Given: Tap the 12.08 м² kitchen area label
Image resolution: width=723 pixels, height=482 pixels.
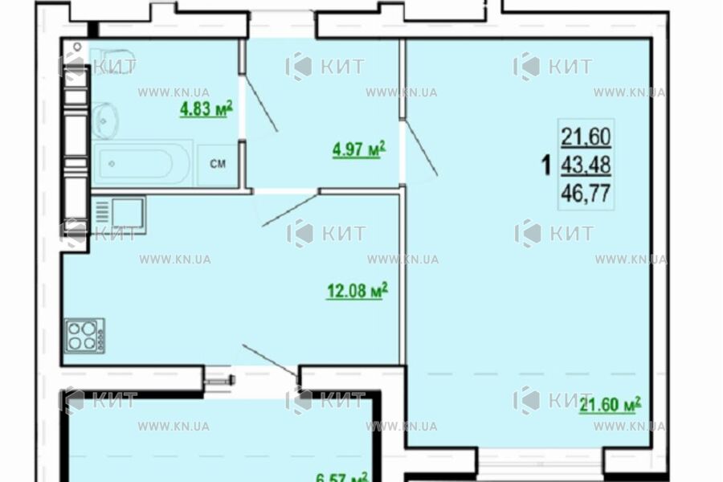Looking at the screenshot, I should coord(357,292).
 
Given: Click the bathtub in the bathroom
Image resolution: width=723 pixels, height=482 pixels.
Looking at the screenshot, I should coord(141,165).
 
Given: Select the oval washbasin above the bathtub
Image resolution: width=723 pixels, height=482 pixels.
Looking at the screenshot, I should coord(104,120).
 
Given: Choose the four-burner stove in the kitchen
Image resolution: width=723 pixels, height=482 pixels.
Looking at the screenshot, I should coord(84,335).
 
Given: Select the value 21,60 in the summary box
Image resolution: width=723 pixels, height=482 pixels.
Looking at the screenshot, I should coord(586,137).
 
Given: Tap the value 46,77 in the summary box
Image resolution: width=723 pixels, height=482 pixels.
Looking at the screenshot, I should coord(586,192).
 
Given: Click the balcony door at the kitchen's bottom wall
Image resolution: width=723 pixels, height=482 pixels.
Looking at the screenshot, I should coord(269,358).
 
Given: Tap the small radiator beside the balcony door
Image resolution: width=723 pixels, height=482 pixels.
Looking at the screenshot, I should coord(217,381).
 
